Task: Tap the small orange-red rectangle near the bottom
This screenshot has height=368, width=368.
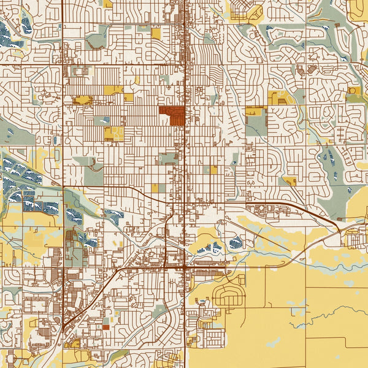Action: [x=105, y=327]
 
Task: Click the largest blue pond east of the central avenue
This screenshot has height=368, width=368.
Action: [x=236, y=242]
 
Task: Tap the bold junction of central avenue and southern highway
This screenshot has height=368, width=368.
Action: [x=185, y=268]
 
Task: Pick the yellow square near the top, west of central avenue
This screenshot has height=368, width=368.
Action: [x=156, y=34]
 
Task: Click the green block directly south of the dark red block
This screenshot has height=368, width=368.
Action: [x=167, y=159]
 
